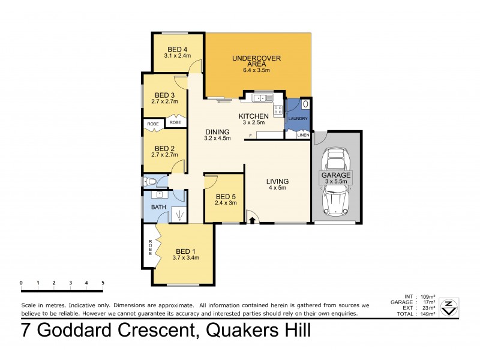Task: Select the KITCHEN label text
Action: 253,116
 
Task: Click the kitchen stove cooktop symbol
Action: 278,109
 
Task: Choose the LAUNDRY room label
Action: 298,119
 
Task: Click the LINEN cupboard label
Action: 303,135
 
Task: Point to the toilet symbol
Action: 151,181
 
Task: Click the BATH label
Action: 158,207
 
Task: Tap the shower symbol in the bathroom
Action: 178,214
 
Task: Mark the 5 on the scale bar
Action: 103,282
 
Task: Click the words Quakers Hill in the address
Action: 258,331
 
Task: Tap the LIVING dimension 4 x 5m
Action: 278,188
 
